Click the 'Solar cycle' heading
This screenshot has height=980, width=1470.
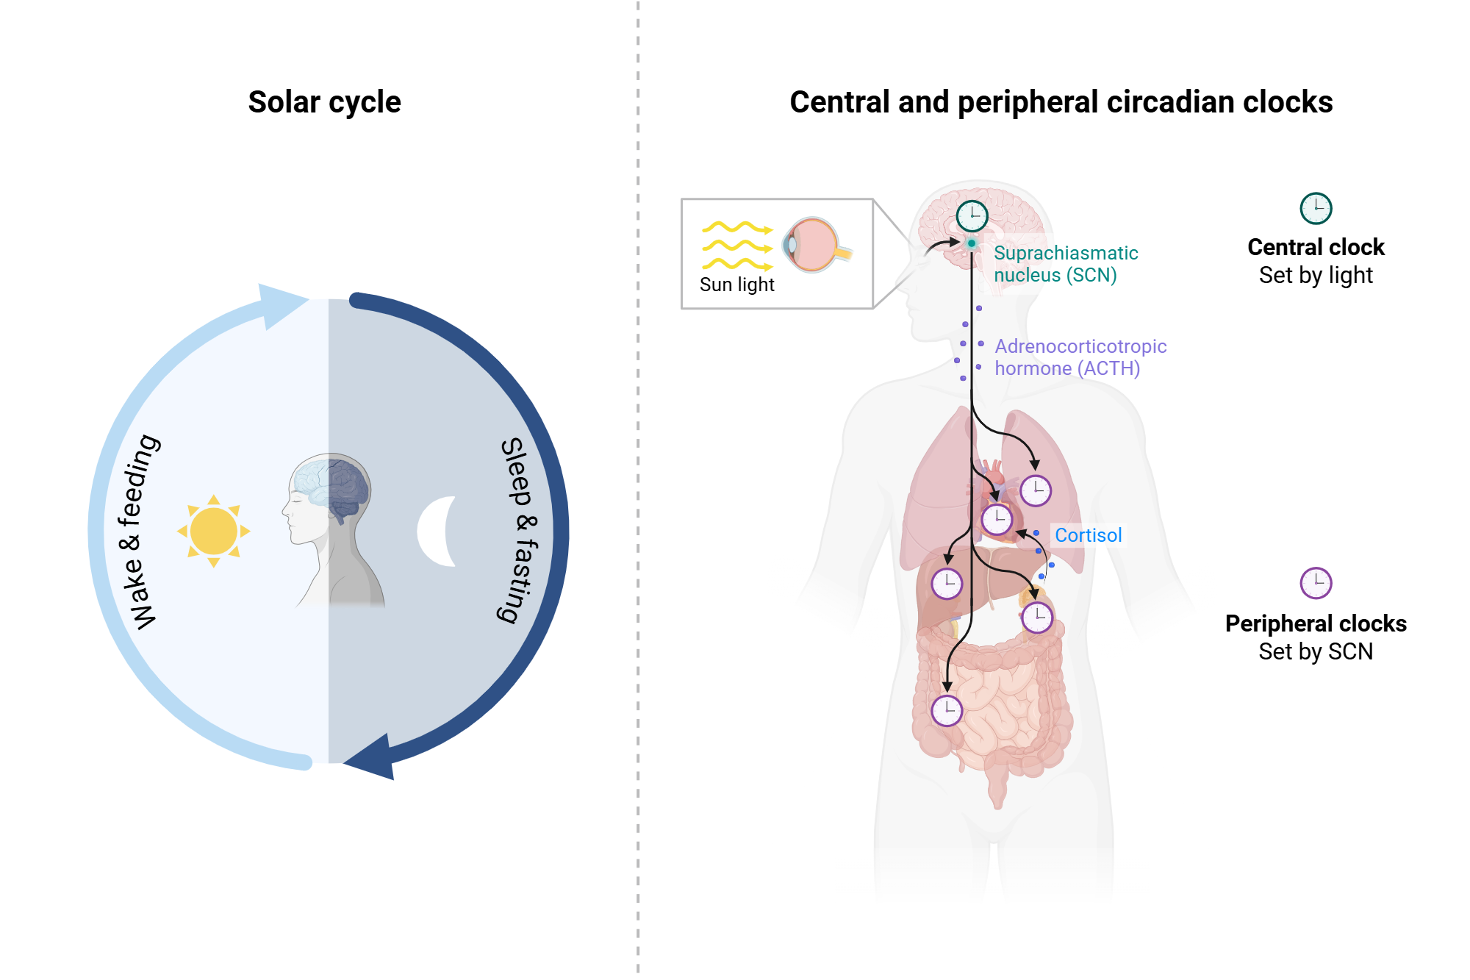[324, 102]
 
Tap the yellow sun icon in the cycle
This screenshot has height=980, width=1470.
[213, 531]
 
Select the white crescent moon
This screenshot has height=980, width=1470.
[437, 531]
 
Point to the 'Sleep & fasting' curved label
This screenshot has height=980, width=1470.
[520, 531]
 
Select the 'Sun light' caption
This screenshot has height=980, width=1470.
[736, 285]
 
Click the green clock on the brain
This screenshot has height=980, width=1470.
[972, 215]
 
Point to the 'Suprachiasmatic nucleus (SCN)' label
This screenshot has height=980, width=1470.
[1065, 264]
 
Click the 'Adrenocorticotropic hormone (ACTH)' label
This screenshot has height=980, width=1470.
[1080, 357]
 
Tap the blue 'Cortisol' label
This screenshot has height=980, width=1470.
[1088, 535]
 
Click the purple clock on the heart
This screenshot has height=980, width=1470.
[997, 519]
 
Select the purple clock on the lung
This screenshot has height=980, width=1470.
[1036, 490]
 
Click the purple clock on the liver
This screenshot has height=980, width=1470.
[947, 584]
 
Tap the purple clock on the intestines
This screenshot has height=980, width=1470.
[947, 710]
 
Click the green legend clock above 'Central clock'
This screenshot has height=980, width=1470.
[1316, 208]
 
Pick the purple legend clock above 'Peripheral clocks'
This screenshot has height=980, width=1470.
[1316, 583]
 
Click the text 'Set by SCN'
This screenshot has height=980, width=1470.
[1316, 651]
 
